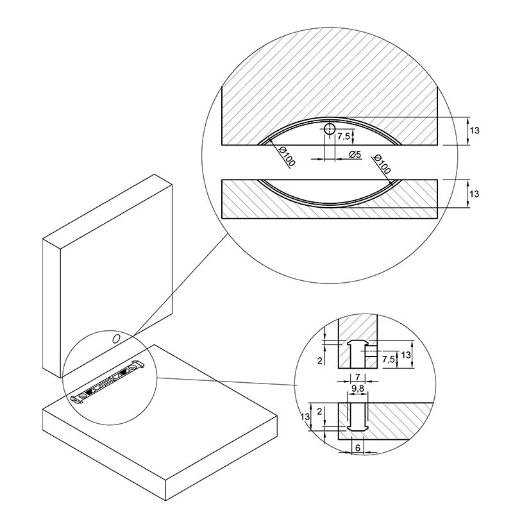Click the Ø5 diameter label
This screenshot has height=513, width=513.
[x=355, y=154]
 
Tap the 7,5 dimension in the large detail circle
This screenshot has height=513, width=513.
[x=343, y=137]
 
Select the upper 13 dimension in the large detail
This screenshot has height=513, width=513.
[x=474, y=131]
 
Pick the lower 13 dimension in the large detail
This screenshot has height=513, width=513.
[x=474, y=194]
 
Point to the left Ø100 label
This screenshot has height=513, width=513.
[x=287, y=156]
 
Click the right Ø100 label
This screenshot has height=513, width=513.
[x=382, y=164]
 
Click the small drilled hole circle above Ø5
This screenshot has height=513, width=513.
[x=330, y=129]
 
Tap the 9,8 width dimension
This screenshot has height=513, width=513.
[x=358, y=389]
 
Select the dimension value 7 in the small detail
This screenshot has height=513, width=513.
[x=358, y=377]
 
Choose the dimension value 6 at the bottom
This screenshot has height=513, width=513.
[x=358, y=448]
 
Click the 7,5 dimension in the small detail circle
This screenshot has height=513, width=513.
[x=389, y=360]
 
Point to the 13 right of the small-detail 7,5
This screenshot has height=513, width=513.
[x=406, y=355]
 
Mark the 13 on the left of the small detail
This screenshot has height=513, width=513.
[x=305, y=417]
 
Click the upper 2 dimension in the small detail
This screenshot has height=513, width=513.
[x=320, y=360]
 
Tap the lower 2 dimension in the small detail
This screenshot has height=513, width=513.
[x=319, y=412]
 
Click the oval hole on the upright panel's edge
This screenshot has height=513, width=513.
[x=116, y=339]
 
